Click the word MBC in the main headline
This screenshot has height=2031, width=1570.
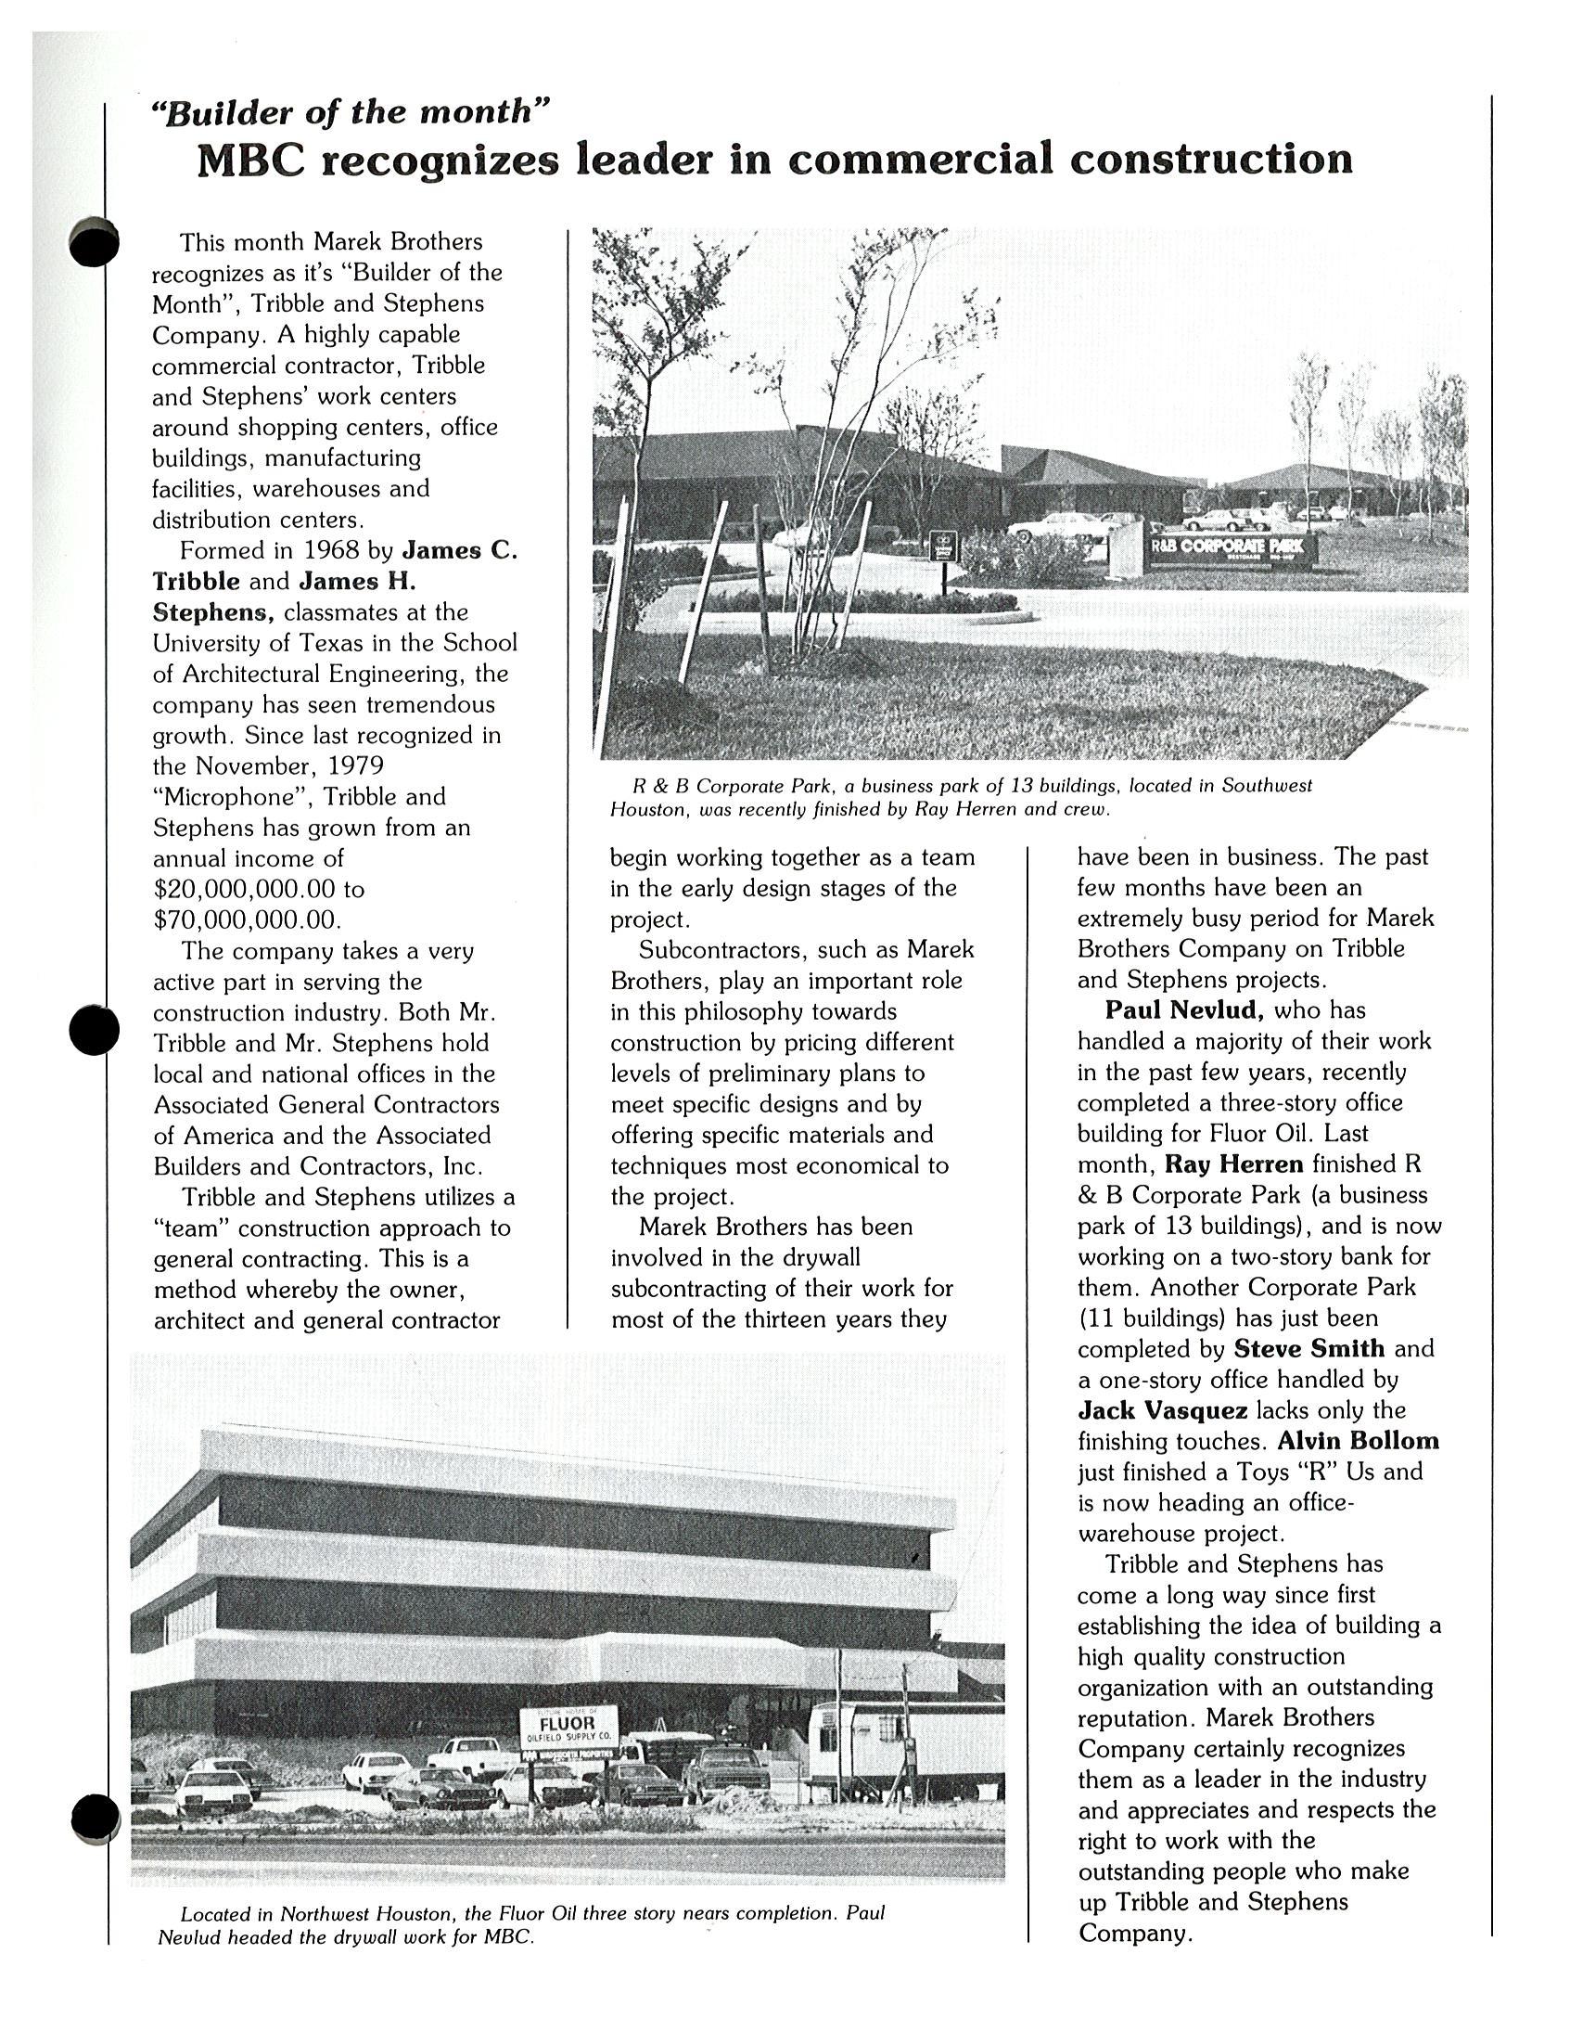(x=250, y=160)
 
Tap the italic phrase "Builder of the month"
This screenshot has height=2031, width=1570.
(x=351, y=112)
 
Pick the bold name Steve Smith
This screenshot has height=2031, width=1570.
(x=1308, y=1348)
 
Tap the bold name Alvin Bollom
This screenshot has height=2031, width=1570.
(x=1358, y=1441)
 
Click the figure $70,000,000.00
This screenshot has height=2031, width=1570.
(x=244, y=919)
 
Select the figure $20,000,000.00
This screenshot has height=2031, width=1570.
(x=244, y=889)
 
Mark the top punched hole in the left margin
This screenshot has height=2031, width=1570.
(x=94, y=242)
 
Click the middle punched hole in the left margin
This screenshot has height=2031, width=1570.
(x=94, y=1031)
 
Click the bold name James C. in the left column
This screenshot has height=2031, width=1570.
(x=459, y=549)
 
